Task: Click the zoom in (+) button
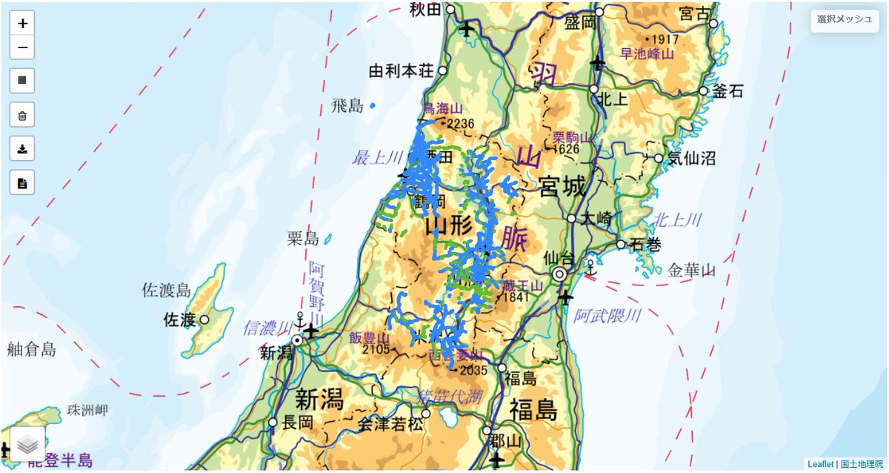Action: click(22, 23)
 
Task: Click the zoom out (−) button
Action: click(22, 47)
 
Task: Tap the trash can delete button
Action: click(22, 115)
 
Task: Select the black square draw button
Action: click(22, 79)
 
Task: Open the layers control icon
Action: click(27, 444)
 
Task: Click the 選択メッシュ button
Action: click(845, 19)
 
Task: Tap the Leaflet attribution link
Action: click(820, 464)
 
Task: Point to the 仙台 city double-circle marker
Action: click(560, 274)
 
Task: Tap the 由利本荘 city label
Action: click(402, 71)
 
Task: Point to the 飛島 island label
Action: click(347, 106)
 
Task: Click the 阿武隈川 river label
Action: click(607, 317)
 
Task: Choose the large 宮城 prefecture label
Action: click(562, 187)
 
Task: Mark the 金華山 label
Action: click(690, 271)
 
